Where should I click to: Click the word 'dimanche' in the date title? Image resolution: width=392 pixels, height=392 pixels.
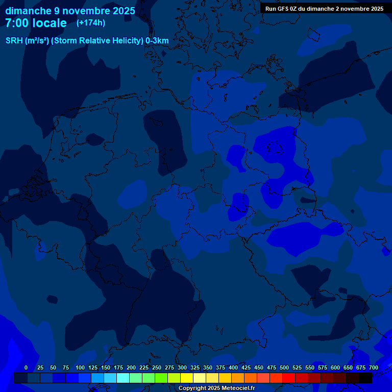click(x=28, y=11)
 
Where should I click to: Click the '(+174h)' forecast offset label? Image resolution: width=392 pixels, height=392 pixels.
click(x=91, y=23)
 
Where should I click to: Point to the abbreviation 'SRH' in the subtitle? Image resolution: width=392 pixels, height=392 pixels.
click(x=14, y=41)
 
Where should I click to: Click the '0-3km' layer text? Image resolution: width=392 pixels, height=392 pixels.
click(x=157, y=41)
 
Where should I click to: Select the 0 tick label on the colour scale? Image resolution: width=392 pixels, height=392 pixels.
click(x=26, y=367)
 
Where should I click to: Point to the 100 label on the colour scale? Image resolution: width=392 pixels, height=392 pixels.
click(x=80, y=367)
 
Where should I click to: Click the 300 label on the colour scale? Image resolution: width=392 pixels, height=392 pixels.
click(x=182, y=367)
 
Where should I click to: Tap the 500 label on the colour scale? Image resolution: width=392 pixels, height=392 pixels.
click(x=284, y=367)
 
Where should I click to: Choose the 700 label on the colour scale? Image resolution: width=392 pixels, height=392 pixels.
click(x=374, y=367)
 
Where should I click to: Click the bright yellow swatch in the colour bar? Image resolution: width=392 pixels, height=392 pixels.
click(x=187, y=378)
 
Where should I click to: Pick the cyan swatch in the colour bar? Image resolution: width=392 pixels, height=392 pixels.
click(x=123, y=378)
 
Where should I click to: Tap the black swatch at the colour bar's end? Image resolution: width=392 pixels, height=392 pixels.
click(x=365, y=378)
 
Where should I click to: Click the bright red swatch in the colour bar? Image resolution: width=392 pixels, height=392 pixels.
click(x=289, y=378)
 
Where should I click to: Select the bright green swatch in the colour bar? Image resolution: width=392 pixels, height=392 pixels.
click(x=161, y=378)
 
